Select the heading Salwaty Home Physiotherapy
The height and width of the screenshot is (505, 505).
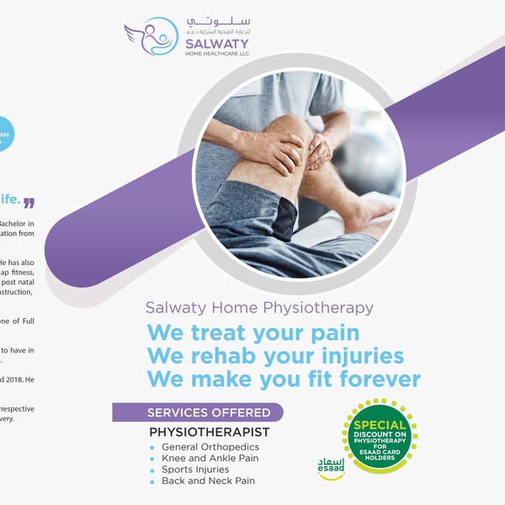click(259, 308)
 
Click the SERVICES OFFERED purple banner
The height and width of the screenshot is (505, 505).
click(199, 412)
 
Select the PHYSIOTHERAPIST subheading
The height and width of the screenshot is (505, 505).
click(210, 432)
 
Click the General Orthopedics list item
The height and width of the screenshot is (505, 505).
click(210, 447)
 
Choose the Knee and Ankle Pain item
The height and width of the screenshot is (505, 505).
click(210, 459)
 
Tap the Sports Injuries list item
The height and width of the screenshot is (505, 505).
click(194, 470)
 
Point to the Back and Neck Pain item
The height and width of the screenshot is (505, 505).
click(208, 481)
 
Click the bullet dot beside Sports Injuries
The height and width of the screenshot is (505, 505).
click(152, 470)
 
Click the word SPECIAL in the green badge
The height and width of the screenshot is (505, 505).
click(380, 425)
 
